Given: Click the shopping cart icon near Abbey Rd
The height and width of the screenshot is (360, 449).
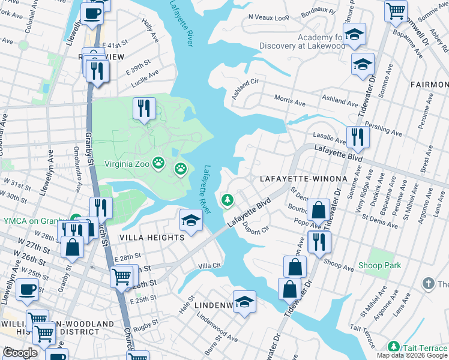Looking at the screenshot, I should tap(396, 10).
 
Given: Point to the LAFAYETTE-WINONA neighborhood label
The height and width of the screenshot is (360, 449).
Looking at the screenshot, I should tap(303, 179).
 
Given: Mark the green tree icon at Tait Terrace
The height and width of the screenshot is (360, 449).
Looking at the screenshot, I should tap(393, 346).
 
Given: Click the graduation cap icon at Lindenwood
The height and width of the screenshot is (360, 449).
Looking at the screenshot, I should tap(244, 302).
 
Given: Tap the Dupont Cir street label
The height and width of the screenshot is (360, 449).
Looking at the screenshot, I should tap(256, 228).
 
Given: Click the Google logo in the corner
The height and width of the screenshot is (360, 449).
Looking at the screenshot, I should tap(19, 353).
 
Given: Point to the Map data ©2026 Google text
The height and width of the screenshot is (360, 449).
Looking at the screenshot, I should tap(411, 355).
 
